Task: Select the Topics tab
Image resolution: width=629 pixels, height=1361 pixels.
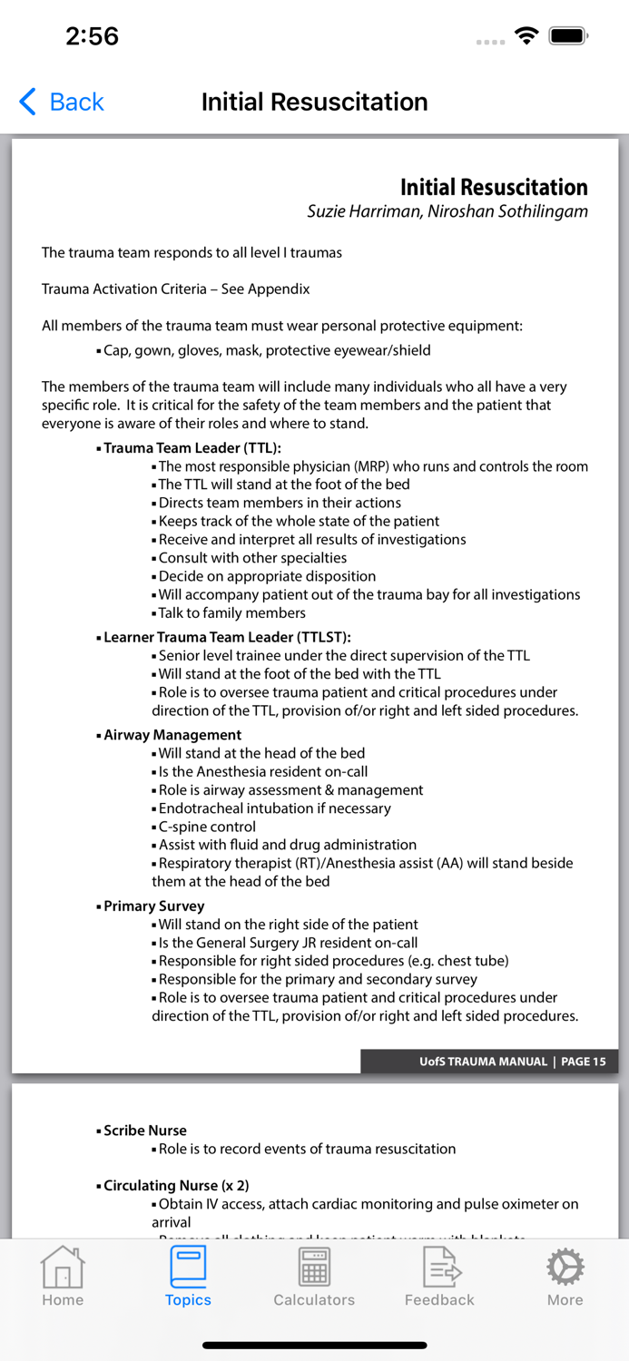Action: tap(188, 1275)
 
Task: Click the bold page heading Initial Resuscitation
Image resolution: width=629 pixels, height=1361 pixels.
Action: tap(494, 187)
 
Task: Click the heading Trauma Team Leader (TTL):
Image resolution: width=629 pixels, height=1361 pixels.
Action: tap(192, 448)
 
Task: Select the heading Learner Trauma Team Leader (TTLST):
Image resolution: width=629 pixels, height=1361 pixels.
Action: tap(227, 637)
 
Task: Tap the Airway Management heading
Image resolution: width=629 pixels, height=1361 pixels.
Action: tap(172, 735)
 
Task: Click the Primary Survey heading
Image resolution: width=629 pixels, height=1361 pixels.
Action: tap(154, 906)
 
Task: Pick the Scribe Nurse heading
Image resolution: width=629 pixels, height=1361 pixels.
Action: tap(145, 1131)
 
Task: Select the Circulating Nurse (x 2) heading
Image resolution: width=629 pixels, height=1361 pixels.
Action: tap(176, 1185)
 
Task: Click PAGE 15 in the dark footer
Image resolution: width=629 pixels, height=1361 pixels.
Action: tap(584, 1062)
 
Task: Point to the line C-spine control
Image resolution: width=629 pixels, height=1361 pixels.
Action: tap(207, 827)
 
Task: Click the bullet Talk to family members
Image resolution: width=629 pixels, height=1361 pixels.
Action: tap(232, 612)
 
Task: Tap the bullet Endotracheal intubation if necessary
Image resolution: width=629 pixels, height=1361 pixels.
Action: tap(274, 808)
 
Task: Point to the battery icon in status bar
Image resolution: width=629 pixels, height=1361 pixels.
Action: tap(568, 36)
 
